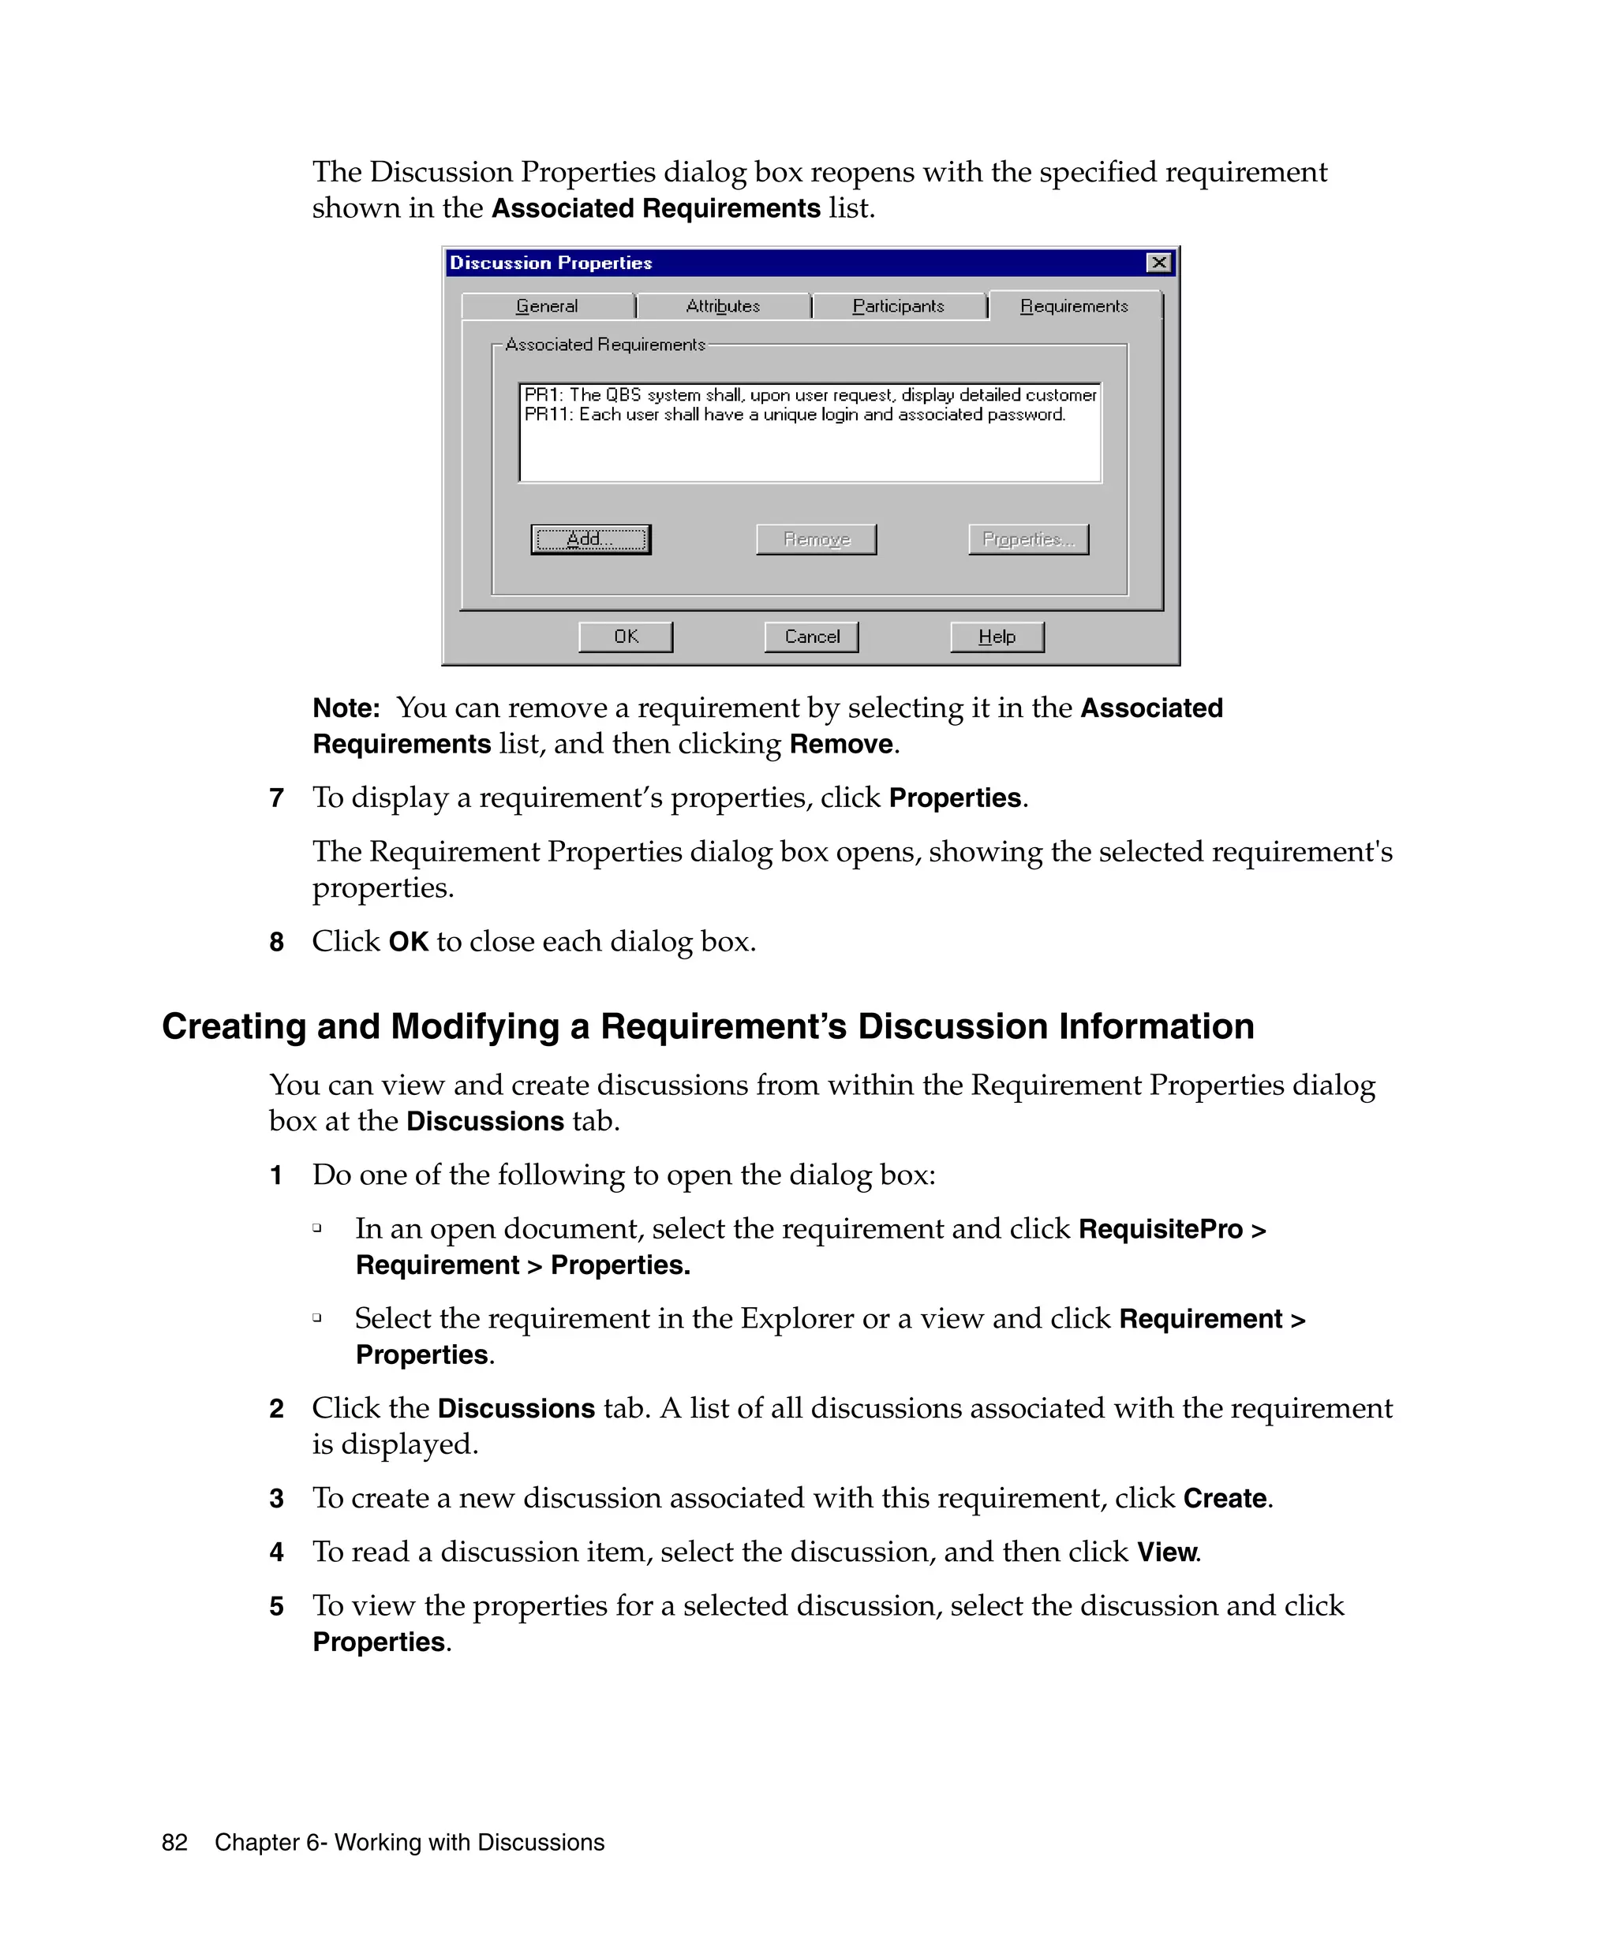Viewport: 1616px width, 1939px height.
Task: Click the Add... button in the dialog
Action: pos(590,540)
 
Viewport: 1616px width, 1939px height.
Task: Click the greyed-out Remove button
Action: pos(815,540)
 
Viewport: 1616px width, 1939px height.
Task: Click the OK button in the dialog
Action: pos(625,636)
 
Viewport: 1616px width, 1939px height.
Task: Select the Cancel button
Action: pos(811,636)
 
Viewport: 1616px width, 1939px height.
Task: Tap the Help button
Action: pos(997,636)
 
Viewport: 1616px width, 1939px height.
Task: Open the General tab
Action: pos(547,305)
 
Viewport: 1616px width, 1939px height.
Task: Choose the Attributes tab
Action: pos(722,305)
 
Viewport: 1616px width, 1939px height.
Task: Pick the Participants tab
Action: pos(898,305)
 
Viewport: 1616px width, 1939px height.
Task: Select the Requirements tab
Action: pos(1073,305)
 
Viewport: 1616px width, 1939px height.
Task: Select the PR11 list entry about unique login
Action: pos(794,415)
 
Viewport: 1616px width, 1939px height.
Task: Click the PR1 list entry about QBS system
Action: pos(809,394)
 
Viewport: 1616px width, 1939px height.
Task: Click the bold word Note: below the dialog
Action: pos(346,708)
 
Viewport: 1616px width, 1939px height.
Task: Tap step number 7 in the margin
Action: pos(276,798)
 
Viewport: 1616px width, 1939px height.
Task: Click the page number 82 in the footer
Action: pos(174,1842)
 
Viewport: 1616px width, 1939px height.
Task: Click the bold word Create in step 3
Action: pos(1225,1498)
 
